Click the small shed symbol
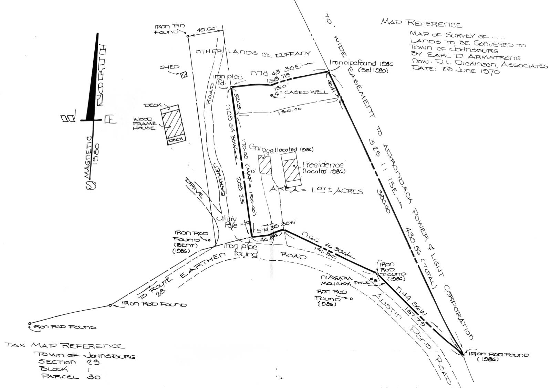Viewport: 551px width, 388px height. [184, 74]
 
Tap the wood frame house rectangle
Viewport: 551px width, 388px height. [174, 124]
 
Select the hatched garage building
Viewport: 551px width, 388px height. [265, 165]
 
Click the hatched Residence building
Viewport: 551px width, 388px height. [291, 169]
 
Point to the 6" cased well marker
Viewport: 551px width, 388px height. [272, 95]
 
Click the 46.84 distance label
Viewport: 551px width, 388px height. [269, 238]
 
